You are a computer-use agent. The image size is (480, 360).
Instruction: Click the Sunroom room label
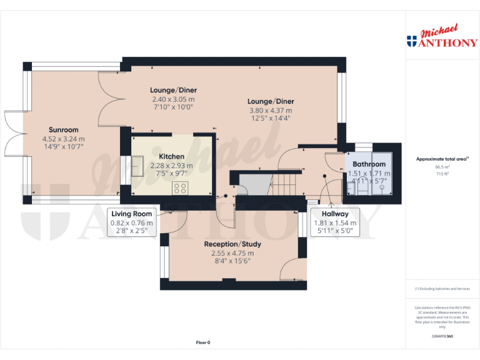(63, 130)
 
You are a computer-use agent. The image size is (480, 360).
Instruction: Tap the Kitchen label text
(171, 156)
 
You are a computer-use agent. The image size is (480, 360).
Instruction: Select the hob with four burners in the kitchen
(181, 187)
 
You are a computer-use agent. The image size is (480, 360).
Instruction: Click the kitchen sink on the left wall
(135, 169)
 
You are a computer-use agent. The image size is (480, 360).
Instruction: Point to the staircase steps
(287, 184)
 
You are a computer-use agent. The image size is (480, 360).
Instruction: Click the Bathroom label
(369, 164)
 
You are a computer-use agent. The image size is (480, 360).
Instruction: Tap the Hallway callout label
(334, 214)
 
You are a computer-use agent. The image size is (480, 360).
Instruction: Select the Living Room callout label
(131, 214)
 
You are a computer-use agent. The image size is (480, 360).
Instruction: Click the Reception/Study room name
(232, 244)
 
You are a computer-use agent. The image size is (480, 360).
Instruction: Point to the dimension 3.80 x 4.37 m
(271, 110)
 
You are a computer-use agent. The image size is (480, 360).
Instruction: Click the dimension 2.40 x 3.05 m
(172, 99)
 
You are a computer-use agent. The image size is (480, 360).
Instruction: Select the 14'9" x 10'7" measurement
(63, 146)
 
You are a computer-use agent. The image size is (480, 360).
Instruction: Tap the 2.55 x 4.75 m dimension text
(232, 253)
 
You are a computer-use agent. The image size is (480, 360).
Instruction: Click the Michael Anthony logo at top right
(442, 37)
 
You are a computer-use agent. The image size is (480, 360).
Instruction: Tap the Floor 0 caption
(203, 342)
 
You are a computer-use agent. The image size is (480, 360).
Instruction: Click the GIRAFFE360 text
(442, 337)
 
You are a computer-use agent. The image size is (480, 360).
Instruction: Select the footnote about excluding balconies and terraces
(442, 289)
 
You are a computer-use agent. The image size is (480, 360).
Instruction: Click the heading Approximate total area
(441, 159)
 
